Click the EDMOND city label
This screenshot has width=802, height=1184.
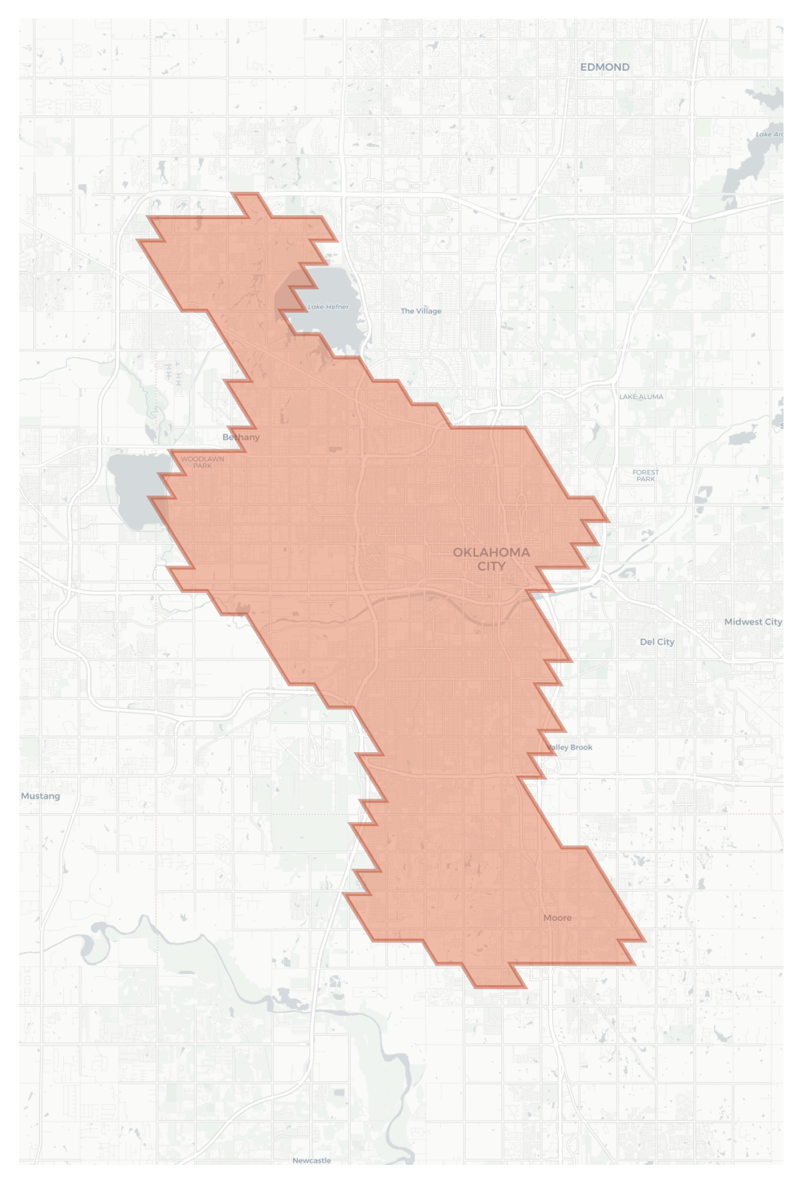(605, 67)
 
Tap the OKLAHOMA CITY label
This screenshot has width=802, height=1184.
(491, 559)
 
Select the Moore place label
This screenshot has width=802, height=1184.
(557, 918)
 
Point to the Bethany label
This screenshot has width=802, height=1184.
(241, 437)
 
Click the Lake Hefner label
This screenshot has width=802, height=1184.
(328, 307)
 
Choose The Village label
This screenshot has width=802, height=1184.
(421, 311)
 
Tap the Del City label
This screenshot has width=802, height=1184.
(657, 642)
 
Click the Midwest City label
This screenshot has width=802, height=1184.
(753, 622)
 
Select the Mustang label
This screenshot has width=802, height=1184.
(40, 796)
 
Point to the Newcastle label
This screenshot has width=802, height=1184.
(311, 1160)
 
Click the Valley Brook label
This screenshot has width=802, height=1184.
(569, 747)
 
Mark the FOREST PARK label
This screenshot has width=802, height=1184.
(645, 475)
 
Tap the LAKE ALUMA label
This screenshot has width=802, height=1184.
(641, 397)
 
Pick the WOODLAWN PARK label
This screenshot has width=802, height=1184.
(202, 462)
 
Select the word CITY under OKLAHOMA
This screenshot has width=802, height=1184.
(491, 566)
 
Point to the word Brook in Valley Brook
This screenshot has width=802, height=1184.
(580, 747)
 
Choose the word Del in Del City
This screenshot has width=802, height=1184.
(647, 642)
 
